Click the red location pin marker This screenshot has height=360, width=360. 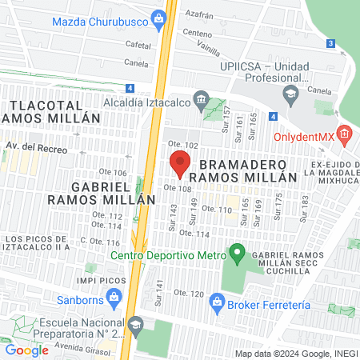pos(179,162)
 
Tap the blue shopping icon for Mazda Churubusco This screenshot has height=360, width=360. pos(159,18)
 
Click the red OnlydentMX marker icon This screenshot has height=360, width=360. pos(345,134)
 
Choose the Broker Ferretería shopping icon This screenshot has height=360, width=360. pos(216,302)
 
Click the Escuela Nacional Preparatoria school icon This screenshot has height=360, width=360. pos(136,324)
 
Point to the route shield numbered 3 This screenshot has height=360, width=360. pos(330,44)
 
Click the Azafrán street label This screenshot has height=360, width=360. pos(201,14)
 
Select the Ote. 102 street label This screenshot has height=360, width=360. pos(182,145)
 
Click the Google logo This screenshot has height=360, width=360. pos(26,350)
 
